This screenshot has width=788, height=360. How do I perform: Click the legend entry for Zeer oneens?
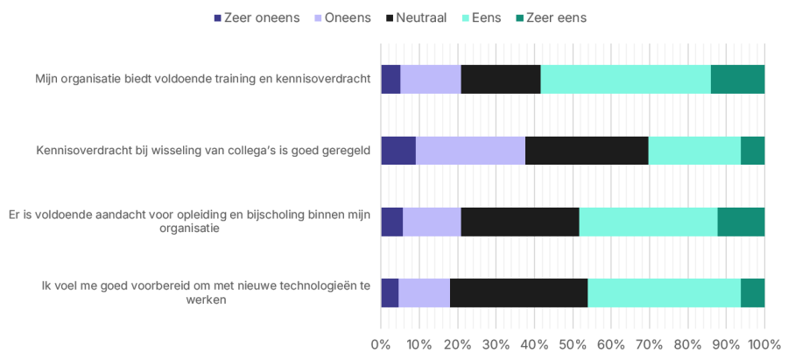click(x=255, y=18)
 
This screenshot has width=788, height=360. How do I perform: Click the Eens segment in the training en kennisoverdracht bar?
click(x=625, y=79)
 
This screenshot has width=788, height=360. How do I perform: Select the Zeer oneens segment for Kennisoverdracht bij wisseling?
click(x=398, y=151)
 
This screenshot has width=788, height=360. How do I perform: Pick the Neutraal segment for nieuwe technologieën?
click(x=518, y=293)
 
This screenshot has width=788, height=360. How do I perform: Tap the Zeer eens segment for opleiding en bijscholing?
click(x=741, y=222)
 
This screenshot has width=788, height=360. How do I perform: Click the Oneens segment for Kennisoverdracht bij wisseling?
click(x=470, y=151)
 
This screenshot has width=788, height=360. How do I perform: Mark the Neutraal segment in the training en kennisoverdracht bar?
click(x=501, y=79)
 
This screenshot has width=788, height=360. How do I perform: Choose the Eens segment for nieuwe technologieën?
click(x=664, y=293)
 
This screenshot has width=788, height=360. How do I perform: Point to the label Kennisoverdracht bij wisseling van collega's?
click(x=199, y=151)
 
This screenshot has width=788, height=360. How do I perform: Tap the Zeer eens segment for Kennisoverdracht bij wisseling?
click(x=752, y=151)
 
